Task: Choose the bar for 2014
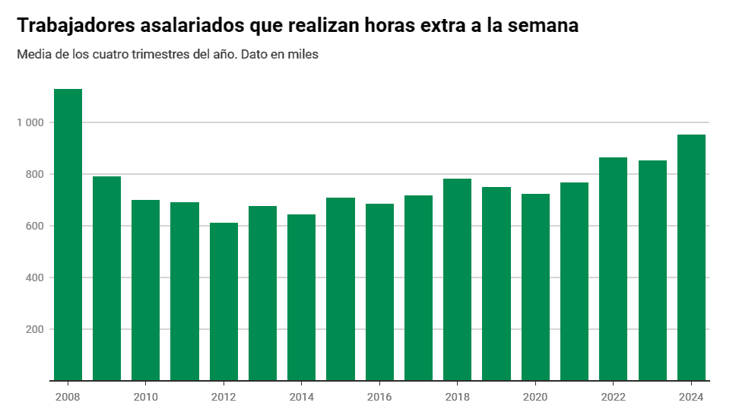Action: coord(301,297)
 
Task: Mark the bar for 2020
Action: coord(535,287)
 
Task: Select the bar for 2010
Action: coord(145,290)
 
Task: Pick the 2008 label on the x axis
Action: coord(68,397)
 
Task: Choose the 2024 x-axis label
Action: coord(691,397)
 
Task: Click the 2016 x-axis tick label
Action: coord(379,397)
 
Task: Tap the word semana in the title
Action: coord(541,25)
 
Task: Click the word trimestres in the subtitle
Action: coord(173,55)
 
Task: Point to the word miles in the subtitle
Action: coord(303,55)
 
